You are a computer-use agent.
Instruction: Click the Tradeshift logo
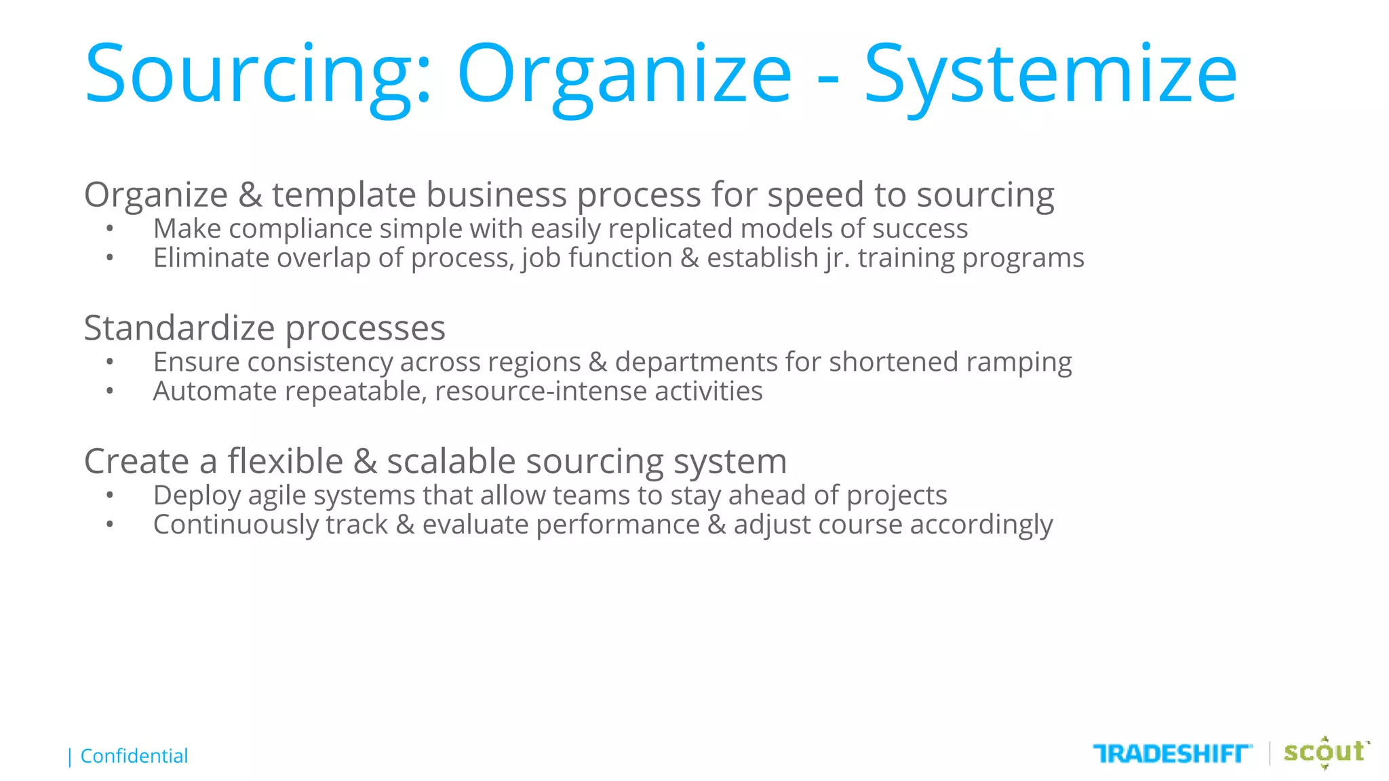point(1172,753)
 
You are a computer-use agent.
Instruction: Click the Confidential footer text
point(134,756)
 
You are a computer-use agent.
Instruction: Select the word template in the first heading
point(344,195)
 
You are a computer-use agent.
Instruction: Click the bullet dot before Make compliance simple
point(110,229)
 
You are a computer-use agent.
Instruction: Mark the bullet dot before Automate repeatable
point(110,391)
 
